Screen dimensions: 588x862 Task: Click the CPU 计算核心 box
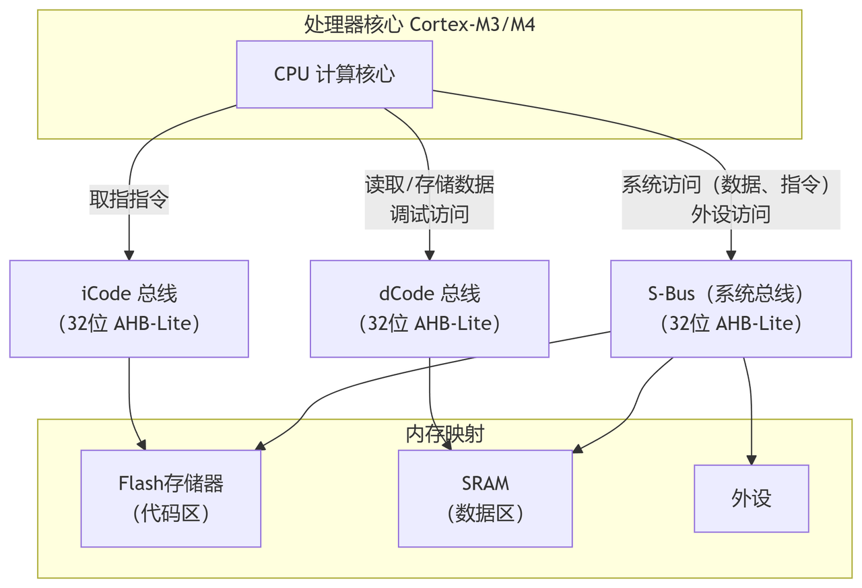coord(334,74)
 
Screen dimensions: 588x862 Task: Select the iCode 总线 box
coord(129,308)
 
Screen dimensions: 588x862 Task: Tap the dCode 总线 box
coord(429,308)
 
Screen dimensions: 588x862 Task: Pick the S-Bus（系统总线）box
coord(731,308)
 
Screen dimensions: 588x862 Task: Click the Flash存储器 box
coord(170,498)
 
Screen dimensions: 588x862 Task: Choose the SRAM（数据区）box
coord(485,498)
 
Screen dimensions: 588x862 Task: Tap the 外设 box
coord(751,498)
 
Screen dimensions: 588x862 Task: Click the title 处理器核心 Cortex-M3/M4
coord(420,24)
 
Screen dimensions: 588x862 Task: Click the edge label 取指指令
coord(129,199)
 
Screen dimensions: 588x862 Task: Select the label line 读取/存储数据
coord(429,185)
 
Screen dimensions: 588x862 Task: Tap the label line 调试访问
coord(429,214)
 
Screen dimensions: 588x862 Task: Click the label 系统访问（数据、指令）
coord(731,185)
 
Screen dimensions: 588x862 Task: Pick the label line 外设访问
coord(731,214)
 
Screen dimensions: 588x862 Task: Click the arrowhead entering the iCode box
coord(129,255)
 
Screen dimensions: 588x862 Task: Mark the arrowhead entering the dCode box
coord(429,255)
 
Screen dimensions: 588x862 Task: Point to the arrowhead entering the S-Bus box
coord(731,255)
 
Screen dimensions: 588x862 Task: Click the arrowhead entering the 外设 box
coord(751,459)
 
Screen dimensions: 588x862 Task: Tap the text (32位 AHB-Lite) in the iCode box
coord(129,324)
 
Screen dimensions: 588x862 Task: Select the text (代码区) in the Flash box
coord(170,514)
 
